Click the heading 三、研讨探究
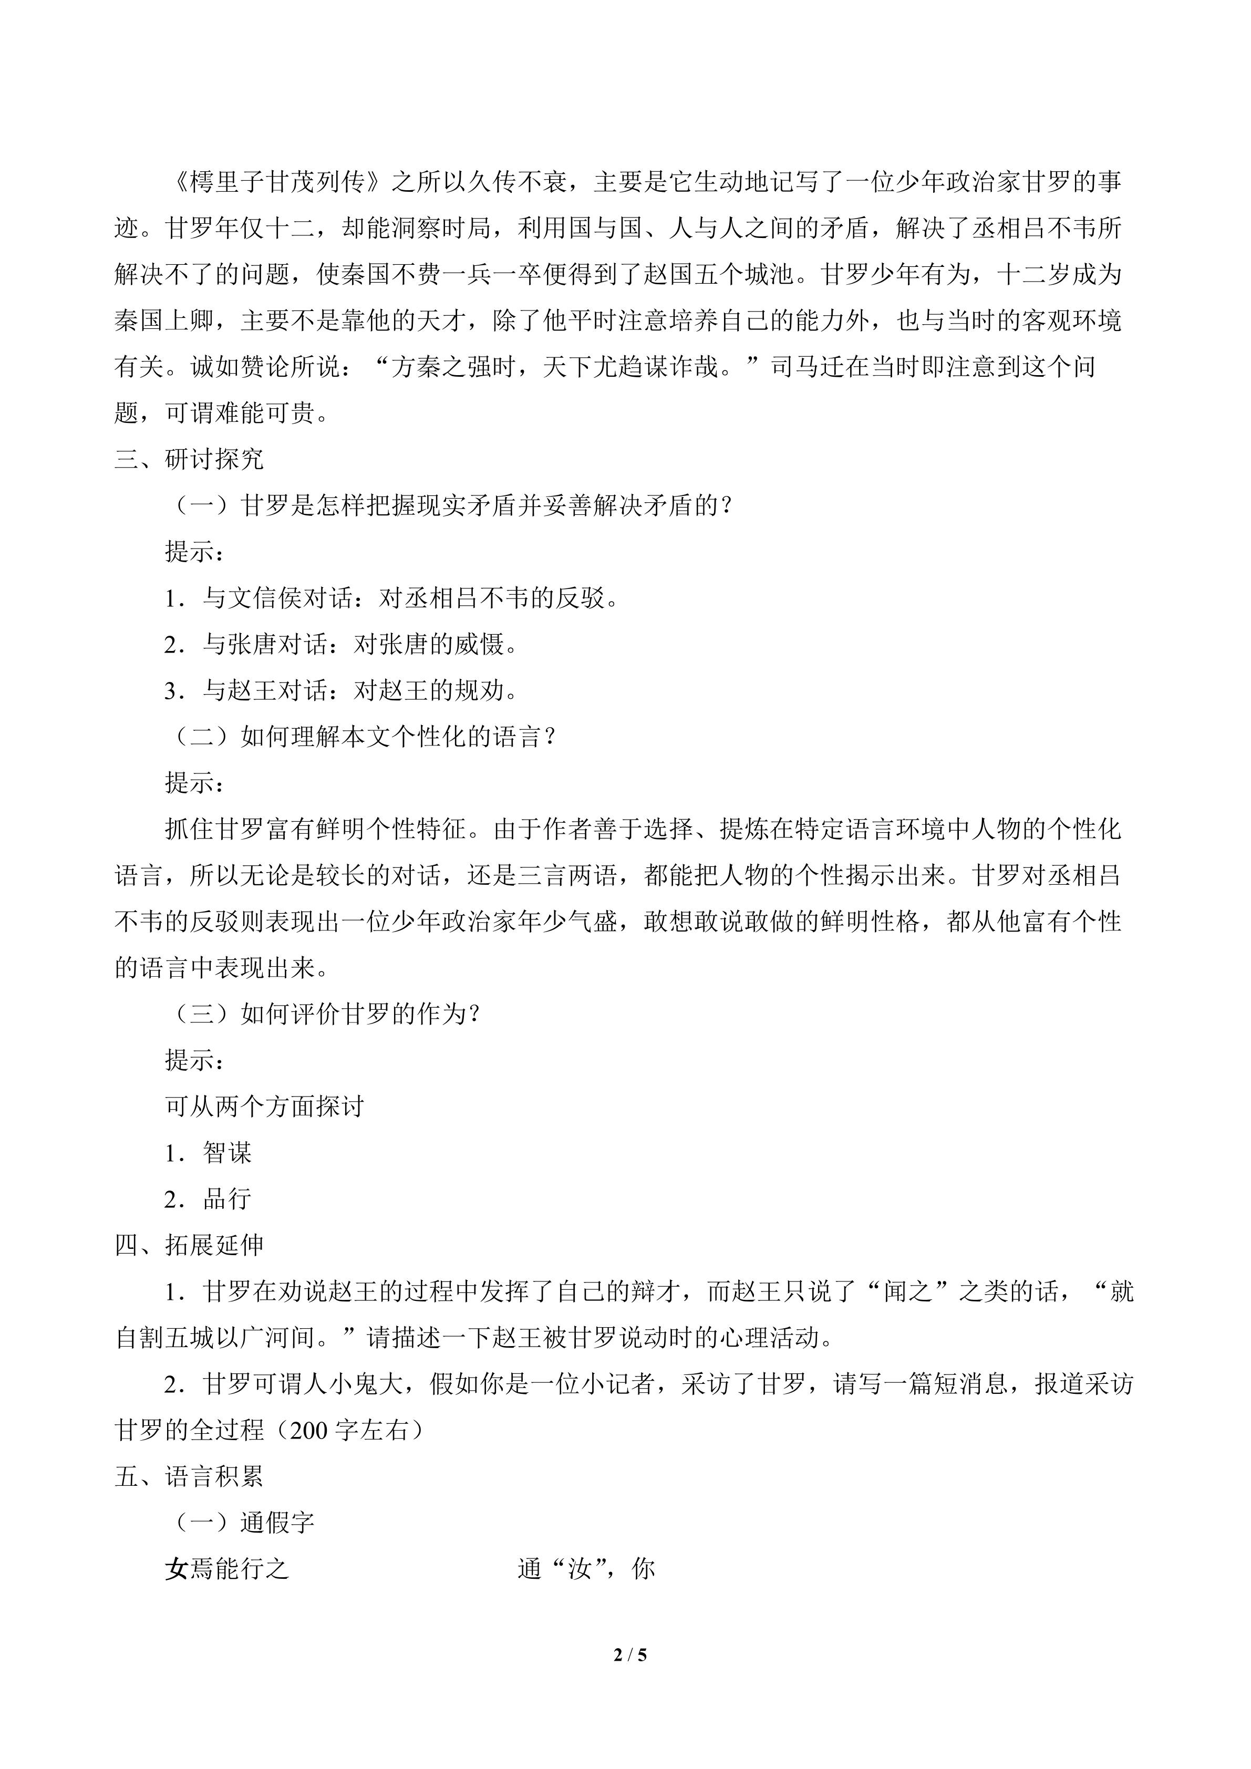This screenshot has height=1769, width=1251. pyautogui.click(x=190, y=460)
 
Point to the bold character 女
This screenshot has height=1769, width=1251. pyautogui.click(x=177, y=1569)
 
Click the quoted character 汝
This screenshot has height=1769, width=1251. pyautogui.click(x=580, y=1569)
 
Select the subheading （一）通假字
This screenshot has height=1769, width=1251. pyautogui.click(x=240, y=1523)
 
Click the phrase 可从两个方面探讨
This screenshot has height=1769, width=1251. pyautogui.click(x=264, y=1106)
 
